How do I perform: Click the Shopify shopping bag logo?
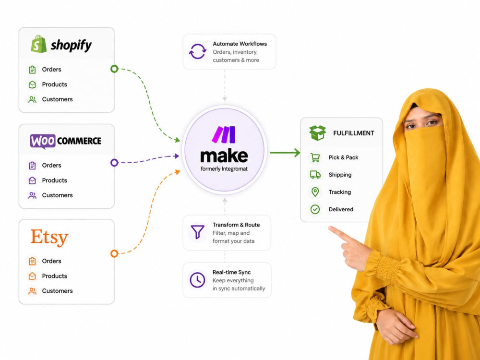coord(38,44)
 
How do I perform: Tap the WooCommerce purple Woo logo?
coord(43,141)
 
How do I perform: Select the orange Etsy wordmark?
coord(49,237)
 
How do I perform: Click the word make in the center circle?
coord(224,156)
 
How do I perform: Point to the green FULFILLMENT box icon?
coord(317,133)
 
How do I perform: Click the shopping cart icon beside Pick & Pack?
coord(315,157)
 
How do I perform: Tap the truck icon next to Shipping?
coord(315,175)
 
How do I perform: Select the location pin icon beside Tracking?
coord(315,192)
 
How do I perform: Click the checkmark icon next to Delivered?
coord(315,209)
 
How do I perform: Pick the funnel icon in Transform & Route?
coord(197,232)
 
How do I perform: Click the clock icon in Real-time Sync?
coord(197,280)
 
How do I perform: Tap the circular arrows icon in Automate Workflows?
coord(197,51)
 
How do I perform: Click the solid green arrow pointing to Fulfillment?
coord(285,153)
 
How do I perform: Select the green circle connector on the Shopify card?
coord(114,69)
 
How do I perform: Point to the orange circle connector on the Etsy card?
coord(114,253)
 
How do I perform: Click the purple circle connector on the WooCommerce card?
coord(114,163)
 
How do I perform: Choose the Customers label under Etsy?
coord(57,291)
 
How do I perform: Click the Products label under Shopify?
coord(55,84)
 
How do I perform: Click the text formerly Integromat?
coord(224,169)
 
